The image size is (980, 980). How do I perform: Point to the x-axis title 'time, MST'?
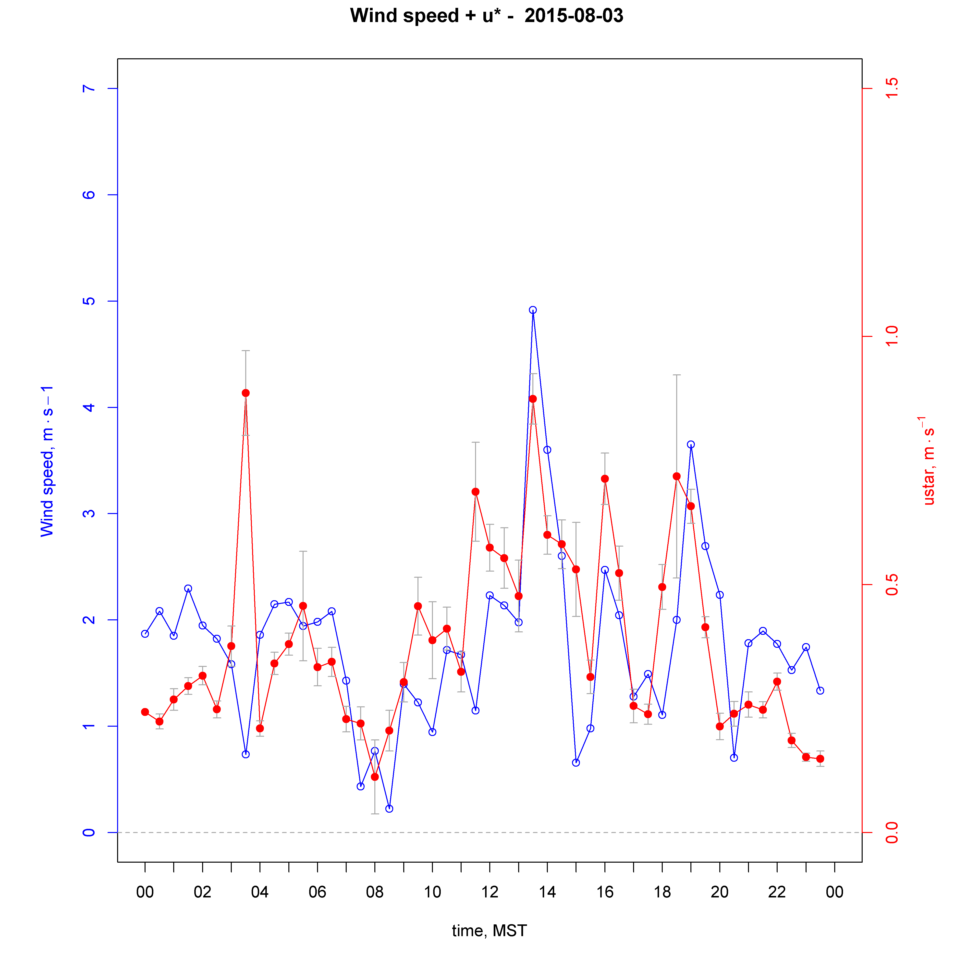click(x=489, y=931)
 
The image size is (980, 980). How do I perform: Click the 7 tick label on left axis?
click(x=89, y=89)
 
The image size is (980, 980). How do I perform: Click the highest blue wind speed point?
click(x=533, y=310)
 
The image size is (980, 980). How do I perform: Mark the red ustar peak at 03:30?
click(x=245, y=393)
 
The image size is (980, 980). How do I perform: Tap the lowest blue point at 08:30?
click(x=389, y=808)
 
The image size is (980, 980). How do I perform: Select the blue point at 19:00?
click(x=691, y=444)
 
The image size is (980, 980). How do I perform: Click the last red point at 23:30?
click(x=820, y=759)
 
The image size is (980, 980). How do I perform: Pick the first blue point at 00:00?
click(x=145, y=634)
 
